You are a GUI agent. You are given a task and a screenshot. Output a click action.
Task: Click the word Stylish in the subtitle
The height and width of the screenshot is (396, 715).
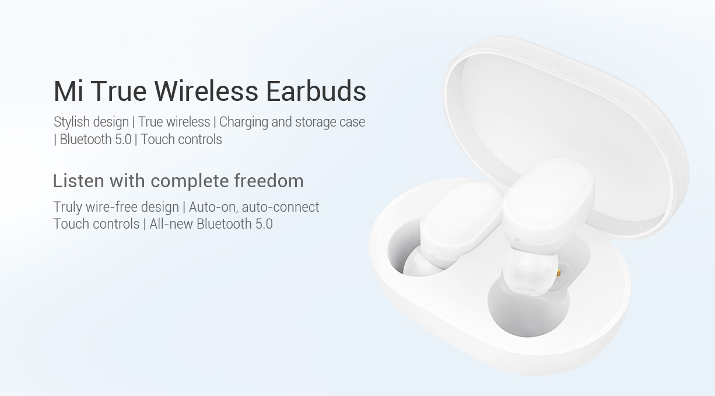(71, 122)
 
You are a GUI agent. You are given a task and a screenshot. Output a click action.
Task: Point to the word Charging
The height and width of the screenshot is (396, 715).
(243, 122)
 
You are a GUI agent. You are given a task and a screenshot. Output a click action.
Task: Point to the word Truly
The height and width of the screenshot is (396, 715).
(68, 207)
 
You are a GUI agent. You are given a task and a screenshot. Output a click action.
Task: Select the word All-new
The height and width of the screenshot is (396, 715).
(171, 224)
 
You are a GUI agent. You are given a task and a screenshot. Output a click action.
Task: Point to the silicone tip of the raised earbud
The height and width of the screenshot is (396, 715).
(528, 274)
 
